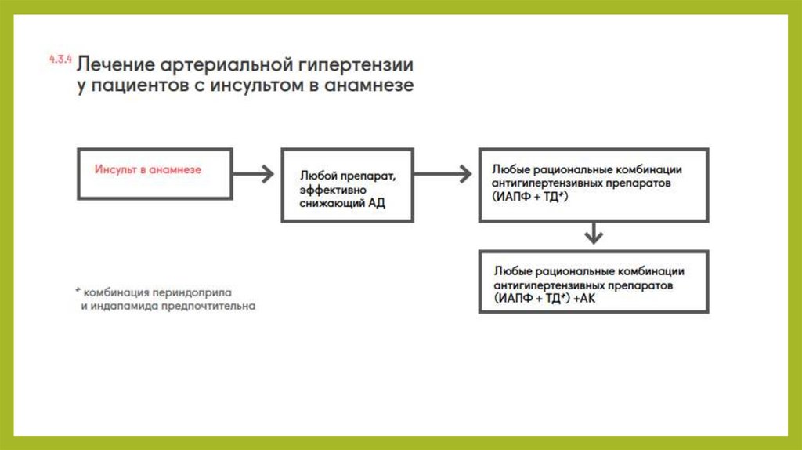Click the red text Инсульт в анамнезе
[148, 169]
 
